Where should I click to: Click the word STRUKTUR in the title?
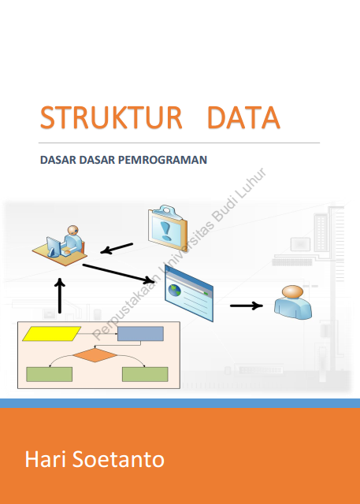(111, 117)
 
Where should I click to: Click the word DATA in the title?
(244, 117)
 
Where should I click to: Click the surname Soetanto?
(118, 460)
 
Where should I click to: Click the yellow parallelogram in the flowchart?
(51, 334)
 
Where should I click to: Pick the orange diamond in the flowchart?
(95, 355)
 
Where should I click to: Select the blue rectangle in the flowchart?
(140, 334)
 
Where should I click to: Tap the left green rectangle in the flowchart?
(49, 375)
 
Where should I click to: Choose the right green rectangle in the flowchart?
(145, 375)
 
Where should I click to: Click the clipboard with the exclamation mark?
(168, 228)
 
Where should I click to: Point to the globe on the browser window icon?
(174, 291)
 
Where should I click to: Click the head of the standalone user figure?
(292, 292)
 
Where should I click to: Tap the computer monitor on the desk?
(53, 246)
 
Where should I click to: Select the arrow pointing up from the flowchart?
(59, 296)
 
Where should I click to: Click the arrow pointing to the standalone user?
(247, 306)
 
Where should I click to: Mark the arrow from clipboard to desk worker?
(117, 249)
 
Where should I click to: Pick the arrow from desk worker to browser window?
(118, 274)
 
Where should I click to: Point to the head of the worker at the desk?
(73, 230)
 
